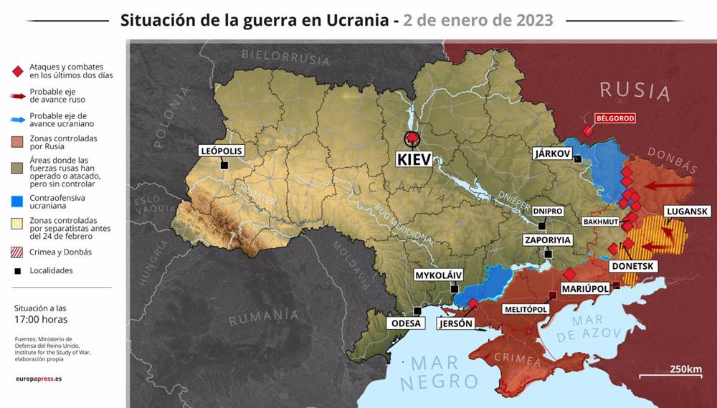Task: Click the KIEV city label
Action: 414,158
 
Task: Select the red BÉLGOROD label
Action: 614,118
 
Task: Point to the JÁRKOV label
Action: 552,153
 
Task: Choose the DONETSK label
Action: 632,265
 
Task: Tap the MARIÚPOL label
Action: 585,288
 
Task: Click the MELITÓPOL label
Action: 526,309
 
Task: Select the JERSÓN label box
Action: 455,323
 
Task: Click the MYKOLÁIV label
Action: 439,275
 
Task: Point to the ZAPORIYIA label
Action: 548,240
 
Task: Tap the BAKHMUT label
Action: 600,222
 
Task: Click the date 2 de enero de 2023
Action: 478,20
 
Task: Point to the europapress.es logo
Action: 38,378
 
